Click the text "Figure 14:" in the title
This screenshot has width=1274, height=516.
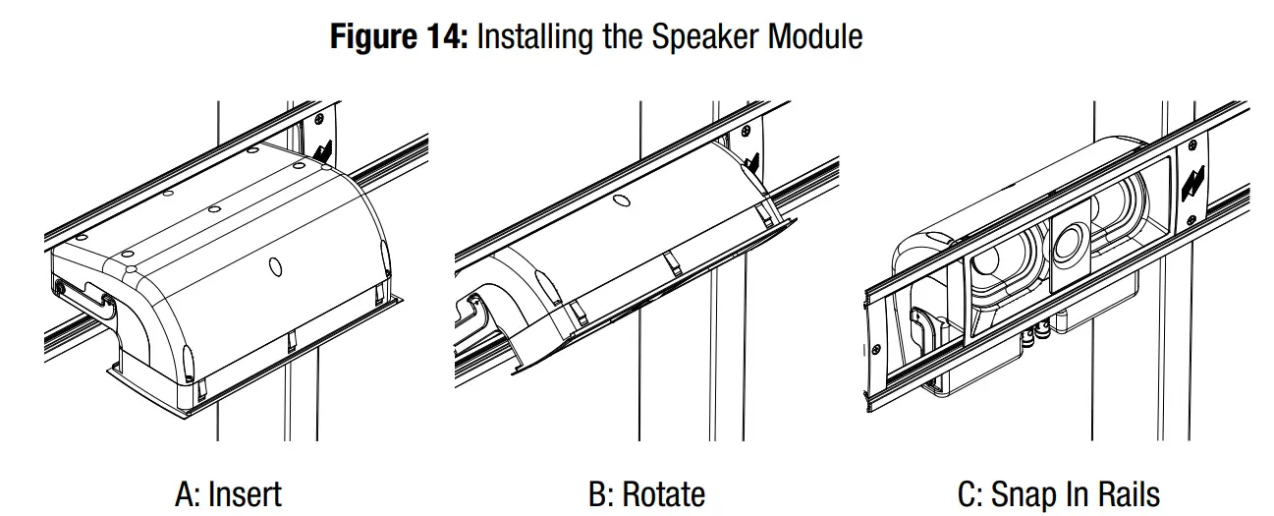click(403, 36)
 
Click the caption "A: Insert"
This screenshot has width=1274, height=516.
click(228, 492)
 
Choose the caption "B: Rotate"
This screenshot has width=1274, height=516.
click(646, 492)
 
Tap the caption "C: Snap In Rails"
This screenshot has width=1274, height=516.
click(1058, 492)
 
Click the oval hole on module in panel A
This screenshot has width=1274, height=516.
click(275, 266)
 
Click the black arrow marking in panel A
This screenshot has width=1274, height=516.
click(325, 150)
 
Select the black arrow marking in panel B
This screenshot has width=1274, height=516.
click(751, 161)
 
